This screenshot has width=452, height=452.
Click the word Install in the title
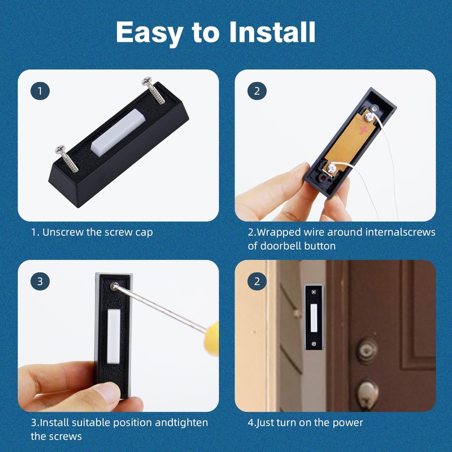pyautogui.click(x=272, y=33)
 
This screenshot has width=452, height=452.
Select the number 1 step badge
pyautogui.click(x=40, y=90)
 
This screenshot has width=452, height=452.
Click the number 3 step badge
pyautogui.click(x=40, y=281)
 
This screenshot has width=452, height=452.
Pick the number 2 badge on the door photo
pyautogui.click(x=257, y=281)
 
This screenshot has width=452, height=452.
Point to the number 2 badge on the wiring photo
pyautogui.click(x=257, y=90)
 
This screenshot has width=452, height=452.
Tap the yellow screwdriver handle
pyautogui.click(x=212, y=339)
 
